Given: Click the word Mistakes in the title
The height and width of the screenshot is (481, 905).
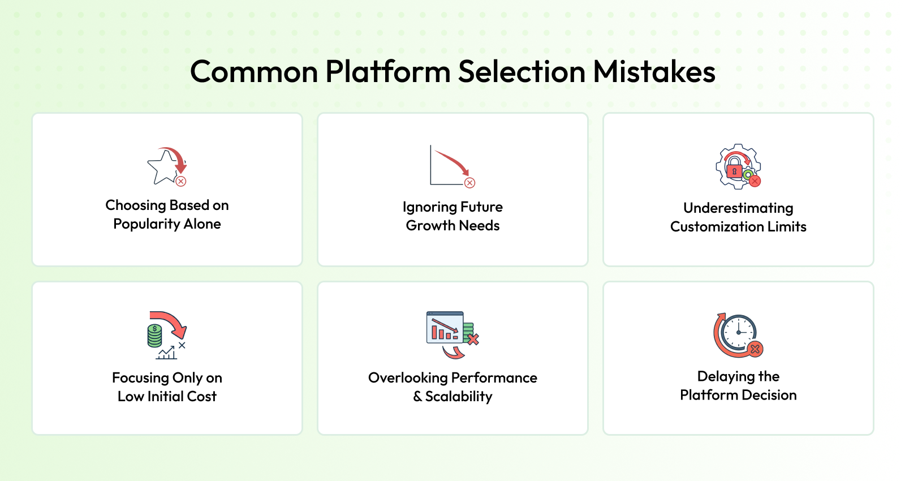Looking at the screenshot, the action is click(x=654, y=71).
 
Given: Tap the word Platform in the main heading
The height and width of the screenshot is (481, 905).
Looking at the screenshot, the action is click(x=388, y=71).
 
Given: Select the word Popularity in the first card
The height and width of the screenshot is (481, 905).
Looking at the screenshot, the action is click(x=146, y=224).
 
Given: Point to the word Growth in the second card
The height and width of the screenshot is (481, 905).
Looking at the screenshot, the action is click(x=430, y=226).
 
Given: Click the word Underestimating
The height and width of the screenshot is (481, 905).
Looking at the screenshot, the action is click(x=738, y=208).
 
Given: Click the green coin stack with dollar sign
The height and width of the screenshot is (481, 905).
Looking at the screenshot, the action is click(x=155, y=336).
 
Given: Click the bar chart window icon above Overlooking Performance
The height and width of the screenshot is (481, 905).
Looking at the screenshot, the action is click(x=445, y=327).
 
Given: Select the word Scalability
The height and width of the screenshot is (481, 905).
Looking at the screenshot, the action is click(x=459, y=397).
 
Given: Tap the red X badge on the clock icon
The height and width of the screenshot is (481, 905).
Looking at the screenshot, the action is click(x=755, y=349).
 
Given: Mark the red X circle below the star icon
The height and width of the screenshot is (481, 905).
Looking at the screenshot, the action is click(x=181, y=181).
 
